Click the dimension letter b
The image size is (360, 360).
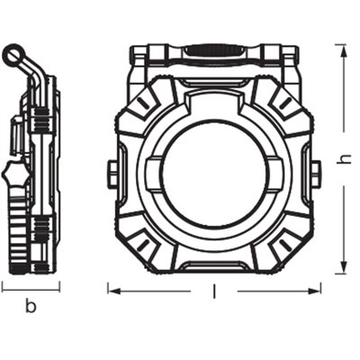pyautogui.click(x=30, y=307)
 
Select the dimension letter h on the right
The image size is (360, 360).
pyautogui.click(x=343, y=158)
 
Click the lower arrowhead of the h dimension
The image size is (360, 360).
pyautogui.click(x=343, y=268)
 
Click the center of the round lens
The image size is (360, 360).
pyautogui.click(x=214, y=171)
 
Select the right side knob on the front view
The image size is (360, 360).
pyautogui.click(x=316, y=171)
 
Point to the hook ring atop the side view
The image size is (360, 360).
pyautogui.click(x=12, y=57)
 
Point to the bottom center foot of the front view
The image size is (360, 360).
pyautogui.click(x=214, y=267)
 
